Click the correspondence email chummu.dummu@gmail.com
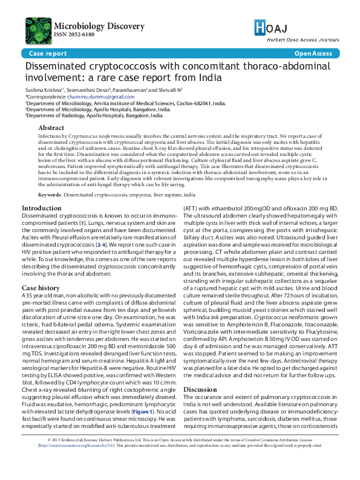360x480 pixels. coord(101,97)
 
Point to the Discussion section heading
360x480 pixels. coord(199,389)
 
